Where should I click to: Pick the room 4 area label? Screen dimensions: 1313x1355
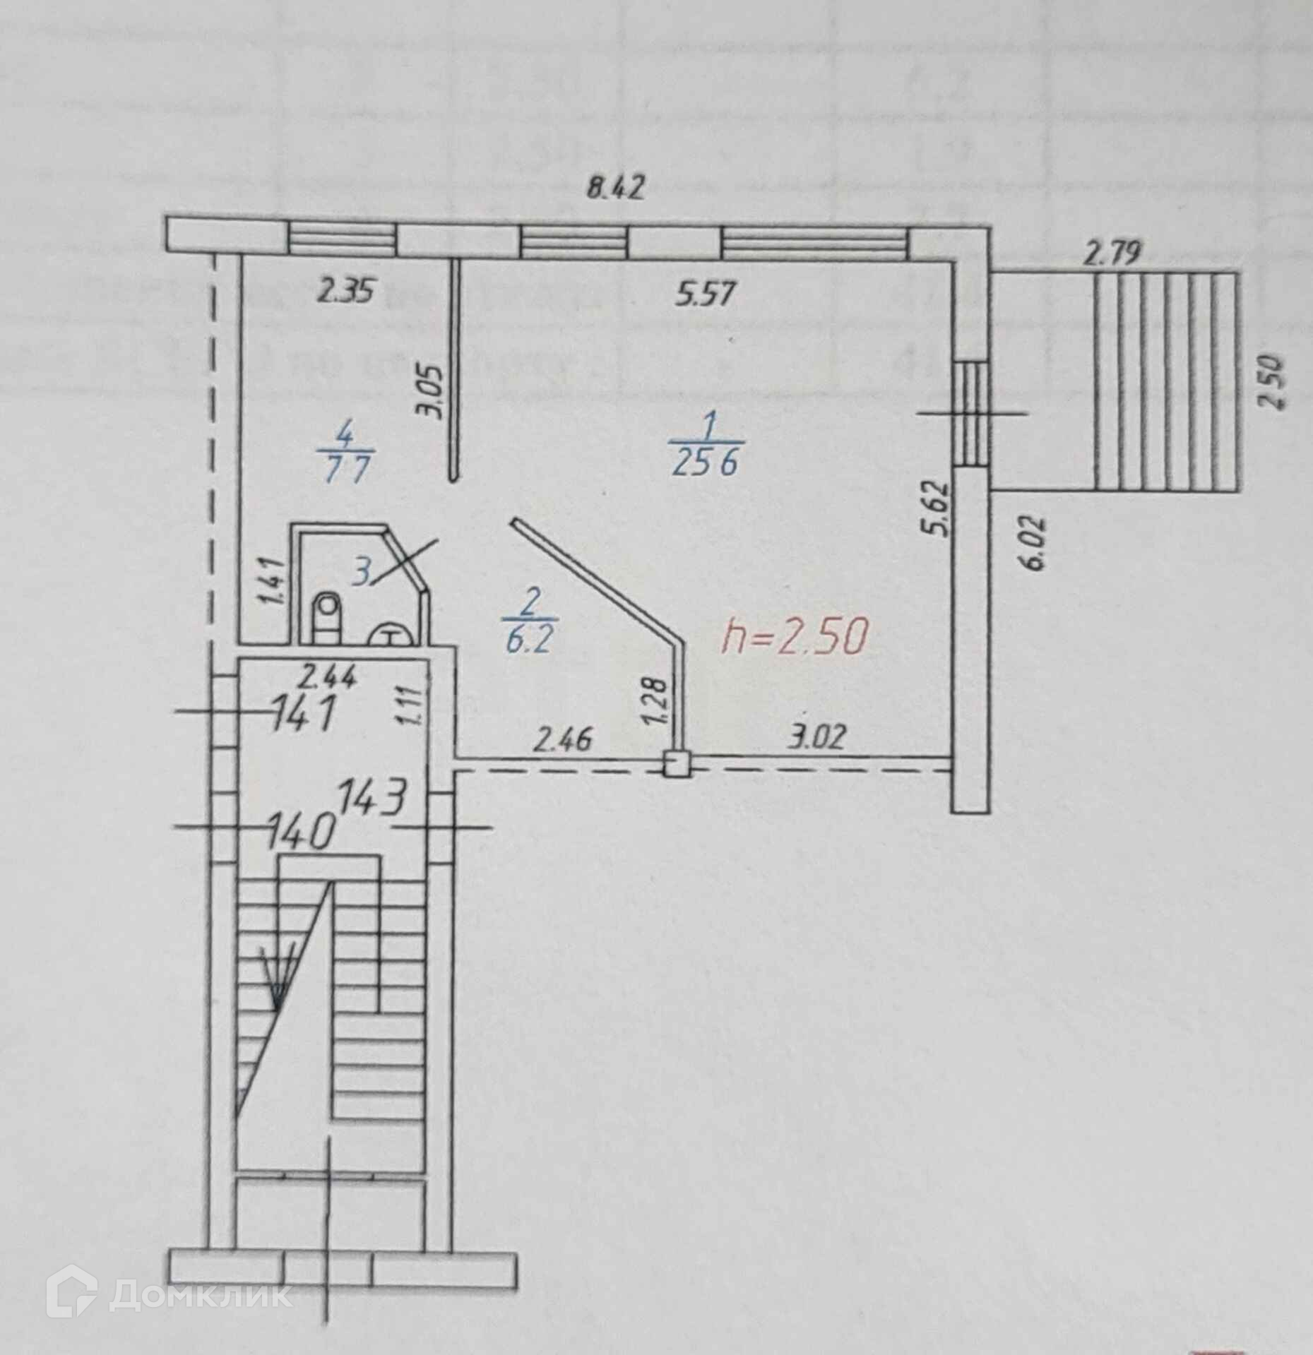coord(346,455)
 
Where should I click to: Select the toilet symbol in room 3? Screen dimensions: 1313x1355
coord(326,614)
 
